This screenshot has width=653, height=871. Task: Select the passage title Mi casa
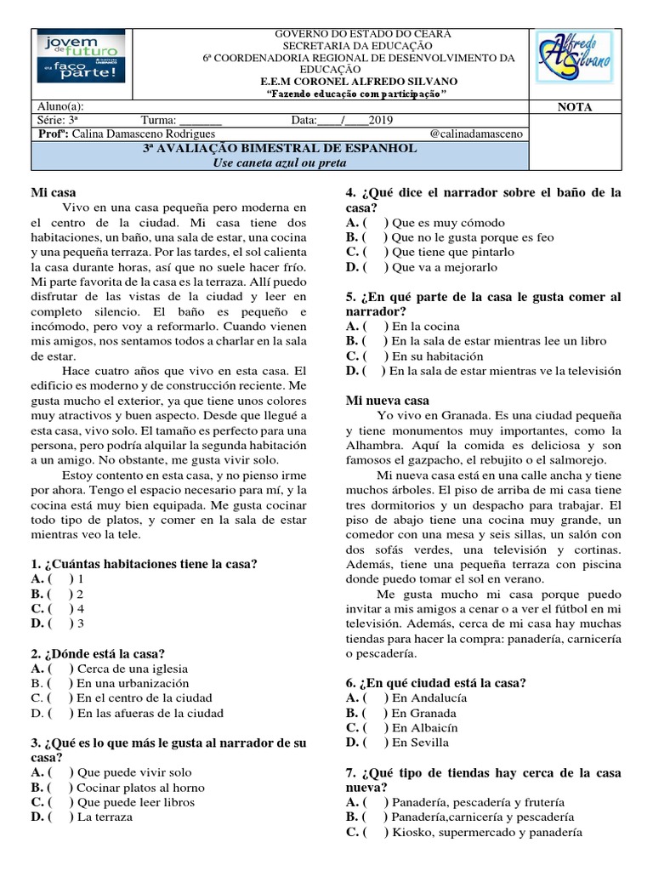pos(52,193)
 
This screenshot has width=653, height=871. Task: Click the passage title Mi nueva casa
pos(388,400)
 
